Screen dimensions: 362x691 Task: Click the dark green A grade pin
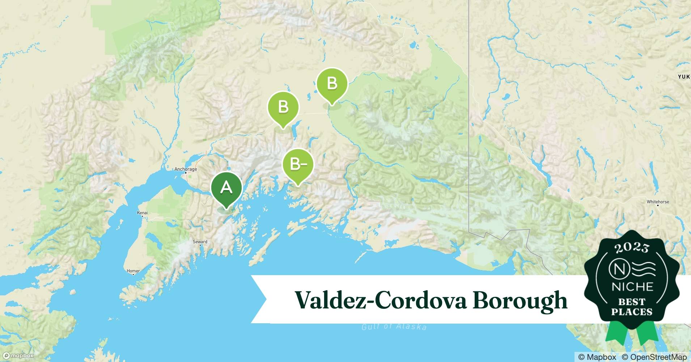pyautogui.click(x=226, y=188)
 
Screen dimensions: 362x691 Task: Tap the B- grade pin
pyautogui.click(x=298, y=165)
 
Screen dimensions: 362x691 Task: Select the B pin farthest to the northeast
pyautogui.click(x=332, y=84)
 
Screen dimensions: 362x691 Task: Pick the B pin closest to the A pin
pyautogui.click(x=283, y=108)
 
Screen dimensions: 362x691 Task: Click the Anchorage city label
pyautogui.click(x=186, y=169)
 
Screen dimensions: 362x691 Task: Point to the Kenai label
pyautogui.click(x=142, y=212)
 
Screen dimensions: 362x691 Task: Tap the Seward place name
pyautogui.click(x=200, y=241)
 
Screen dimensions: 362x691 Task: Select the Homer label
pyautogui.click(x=133, y=270)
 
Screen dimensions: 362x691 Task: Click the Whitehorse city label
pyautogui.click(x=658, y=202)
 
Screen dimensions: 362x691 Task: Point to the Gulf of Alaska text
pyautogui.click(x=394, y=327)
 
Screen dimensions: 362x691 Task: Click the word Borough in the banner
pyautogui.click(x=520, y=300)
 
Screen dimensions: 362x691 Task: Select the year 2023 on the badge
pyautogui.click(x=632, y=247)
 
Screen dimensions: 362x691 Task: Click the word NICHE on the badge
pyautogui.click(x=632, y=287)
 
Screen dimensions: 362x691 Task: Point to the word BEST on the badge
pyautogui.click(x=632, y=302)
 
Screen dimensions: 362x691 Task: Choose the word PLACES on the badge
pyautogui.click(x=632, y=312)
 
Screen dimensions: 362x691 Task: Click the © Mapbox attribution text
pyautogui.click(x=597, y=357)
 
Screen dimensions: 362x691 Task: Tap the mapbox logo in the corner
pyautogui.click(x=18, y=355)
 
